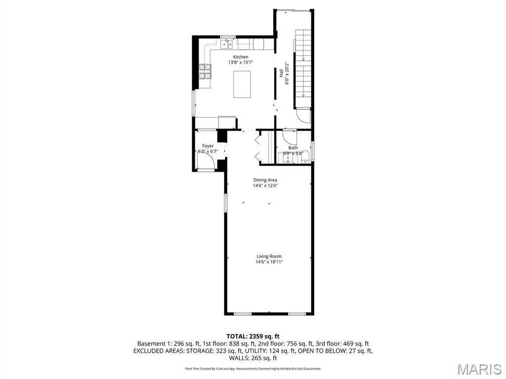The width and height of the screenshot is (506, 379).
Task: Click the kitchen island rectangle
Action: click(x=242, y=84)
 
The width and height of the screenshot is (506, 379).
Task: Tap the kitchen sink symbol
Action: click(x=227, y=45)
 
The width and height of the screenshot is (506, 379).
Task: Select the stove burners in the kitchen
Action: click(x=205, y=72)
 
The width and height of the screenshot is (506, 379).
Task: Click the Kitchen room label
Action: click(x=241, y=57)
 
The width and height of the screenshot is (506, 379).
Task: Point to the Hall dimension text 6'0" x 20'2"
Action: click(x=287, y=73)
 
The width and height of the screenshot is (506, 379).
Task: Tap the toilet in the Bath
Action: click(x=305, y=157)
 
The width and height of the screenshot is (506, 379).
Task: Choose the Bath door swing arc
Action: click(x=289, y=136)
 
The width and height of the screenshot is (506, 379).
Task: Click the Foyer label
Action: click(x=208, y=146)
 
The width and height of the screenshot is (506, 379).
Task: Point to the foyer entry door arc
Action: click(x=206, y=163)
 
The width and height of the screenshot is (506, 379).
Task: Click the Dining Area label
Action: click(x=265, y=180)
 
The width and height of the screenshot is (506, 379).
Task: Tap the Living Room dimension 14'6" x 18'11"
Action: click(x=269, y=262)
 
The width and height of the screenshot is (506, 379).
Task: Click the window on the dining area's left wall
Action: click(x=225, y=203)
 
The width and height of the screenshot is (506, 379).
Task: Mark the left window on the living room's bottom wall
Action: click(x=242, y=314)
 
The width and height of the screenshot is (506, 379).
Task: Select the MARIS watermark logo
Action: click(x=479, y=369)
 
